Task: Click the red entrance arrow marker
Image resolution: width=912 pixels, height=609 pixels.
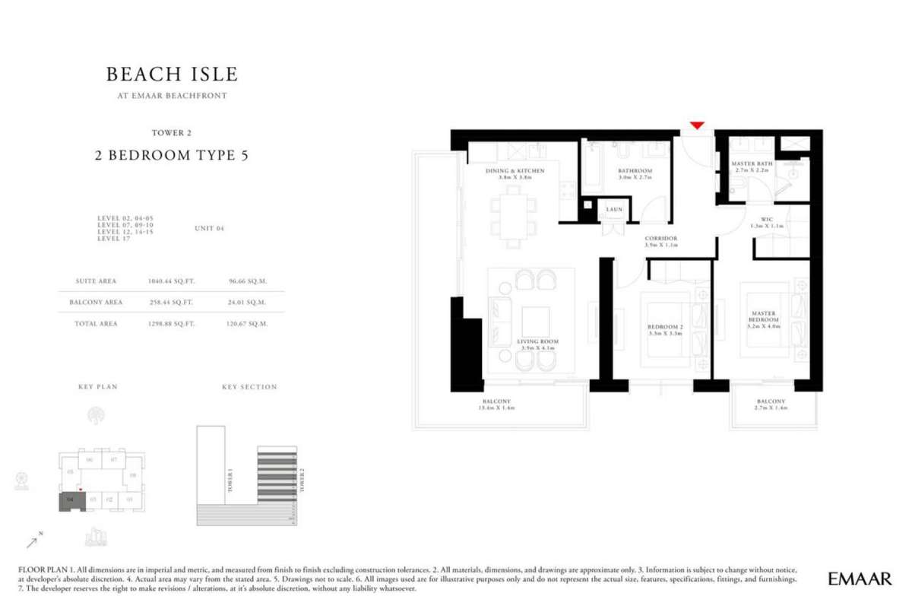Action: [697, 125]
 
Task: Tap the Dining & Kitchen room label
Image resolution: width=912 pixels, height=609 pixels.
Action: [515, 171]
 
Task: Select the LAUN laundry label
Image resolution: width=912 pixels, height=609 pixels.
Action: [614, 209]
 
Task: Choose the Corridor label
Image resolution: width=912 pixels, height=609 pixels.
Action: [660, 239]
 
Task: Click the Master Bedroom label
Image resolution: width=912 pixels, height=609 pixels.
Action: [763, 316]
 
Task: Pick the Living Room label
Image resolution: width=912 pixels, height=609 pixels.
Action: [537, 342]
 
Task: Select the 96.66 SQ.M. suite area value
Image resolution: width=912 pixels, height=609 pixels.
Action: [247, 281]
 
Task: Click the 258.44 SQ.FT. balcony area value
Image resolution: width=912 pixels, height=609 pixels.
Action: [171, 302]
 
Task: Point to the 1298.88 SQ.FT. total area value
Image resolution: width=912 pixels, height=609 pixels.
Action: [171, 324]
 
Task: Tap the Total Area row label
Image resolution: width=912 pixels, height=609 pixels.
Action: [96, 324]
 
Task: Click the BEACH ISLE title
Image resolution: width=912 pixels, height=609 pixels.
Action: [172, 74]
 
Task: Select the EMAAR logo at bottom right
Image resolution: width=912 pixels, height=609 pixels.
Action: [860, 579]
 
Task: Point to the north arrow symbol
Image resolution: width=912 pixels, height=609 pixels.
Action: [34, 541]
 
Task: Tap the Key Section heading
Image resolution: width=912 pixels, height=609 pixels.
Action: [249, 387]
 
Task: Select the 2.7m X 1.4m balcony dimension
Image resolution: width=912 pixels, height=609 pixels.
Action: [771, 408]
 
